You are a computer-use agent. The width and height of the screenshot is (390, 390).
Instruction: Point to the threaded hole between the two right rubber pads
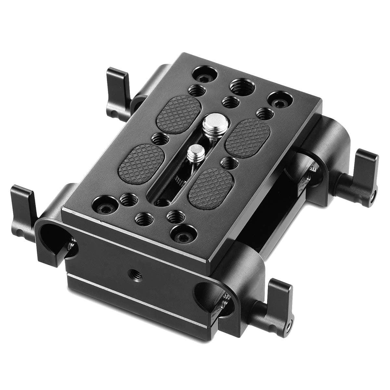click(x=228, y=162)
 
